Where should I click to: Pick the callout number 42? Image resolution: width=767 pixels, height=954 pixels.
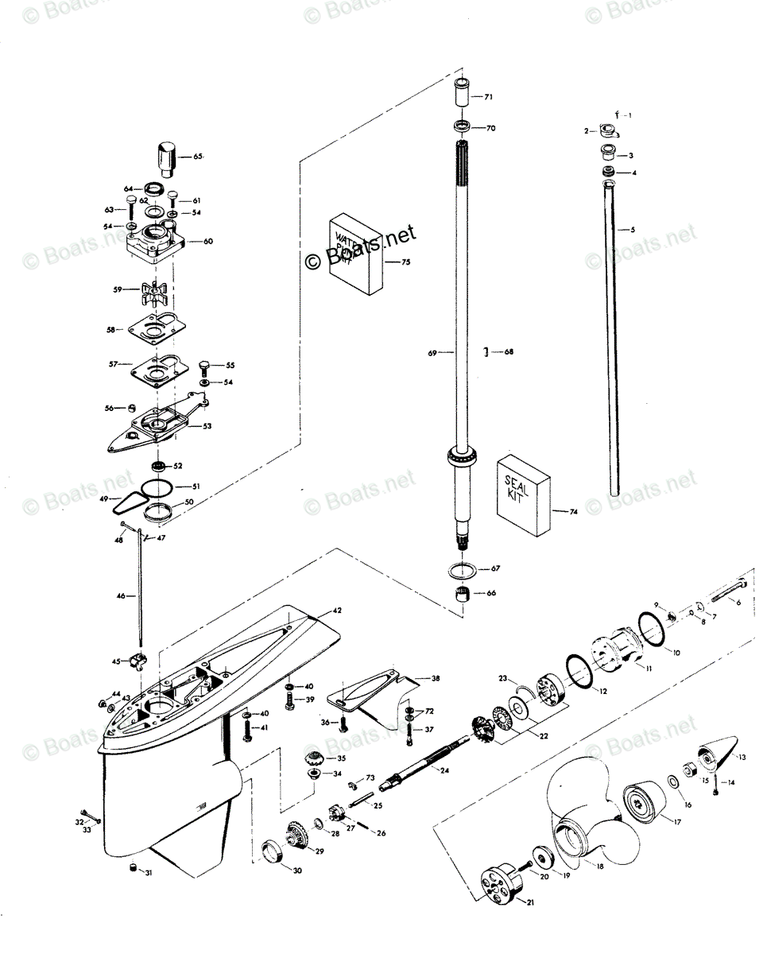[337, 611]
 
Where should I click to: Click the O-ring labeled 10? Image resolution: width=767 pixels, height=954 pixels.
[651, 632]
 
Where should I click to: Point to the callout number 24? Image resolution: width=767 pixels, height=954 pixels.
[444, 770]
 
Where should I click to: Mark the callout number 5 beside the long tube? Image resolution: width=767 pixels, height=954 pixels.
[633, 230]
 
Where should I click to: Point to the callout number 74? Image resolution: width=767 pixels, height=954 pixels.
[573, 512]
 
